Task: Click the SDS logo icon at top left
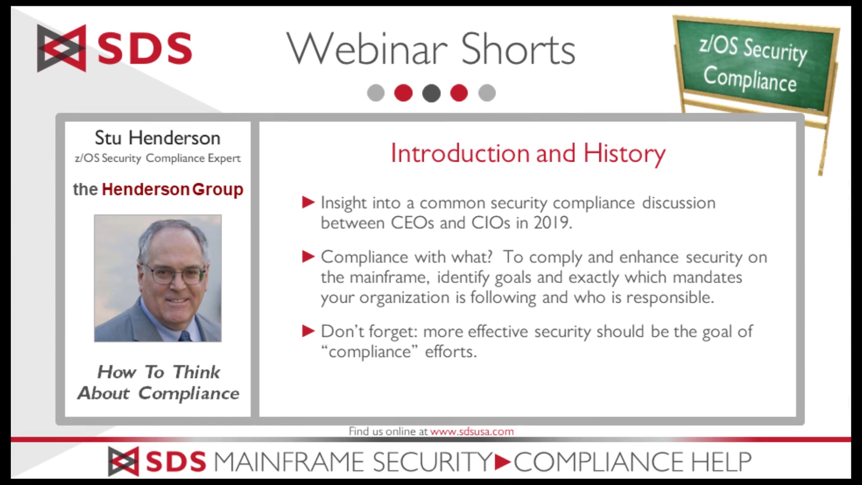(61, 48)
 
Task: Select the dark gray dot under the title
(431, 93)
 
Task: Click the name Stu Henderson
(157, 138)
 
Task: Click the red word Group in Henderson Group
(218, 190)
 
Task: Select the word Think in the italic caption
(196, 372)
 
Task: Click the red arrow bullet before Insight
(308, 202)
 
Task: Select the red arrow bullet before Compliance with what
(308, 257)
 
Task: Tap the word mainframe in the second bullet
(390, 277)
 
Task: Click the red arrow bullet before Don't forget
(308, 331)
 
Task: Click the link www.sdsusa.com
(472, 431)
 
